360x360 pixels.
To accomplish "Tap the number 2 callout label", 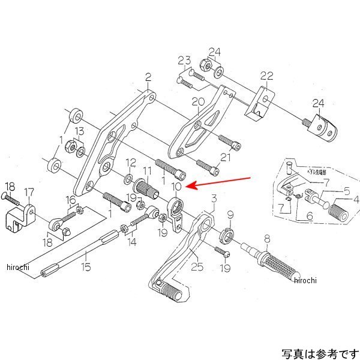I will (148, 77).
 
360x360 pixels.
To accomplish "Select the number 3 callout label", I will (213, 198).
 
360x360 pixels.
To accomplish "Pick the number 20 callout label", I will (195, 103).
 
